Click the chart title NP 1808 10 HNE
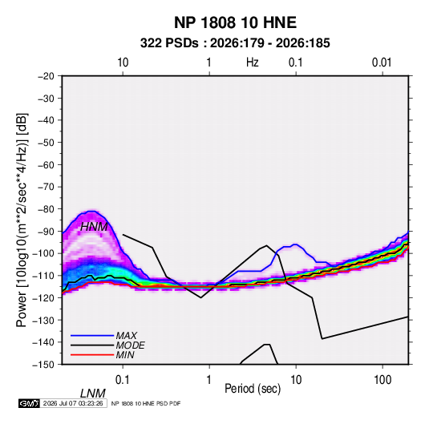pyautogui.click(x=235, y=22)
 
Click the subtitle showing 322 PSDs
pyautogui.click(x=235, y=43)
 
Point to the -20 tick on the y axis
pyautogui.click(x=46, y=76)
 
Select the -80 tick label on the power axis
pyautogui.click(x=46, y=209)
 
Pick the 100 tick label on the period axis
pyautogui.click(x=382, y=380)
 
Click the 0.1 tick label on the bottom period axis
pyautogui.click(x=122, y=380)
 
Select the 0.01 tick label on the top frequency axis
pyautogui.click(x=382, y=63)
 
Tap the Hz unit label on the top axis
pyautogui.click(x=253, y=63)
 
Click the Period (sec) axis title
pyautogui.click(x=253, y=389)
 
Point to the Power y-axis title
pyautogui.click(x=22, y=220)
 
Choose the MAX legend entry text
pyautogui.click(x=127, y=335)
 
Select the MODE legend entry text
pyautogui.click(x=130, y=345)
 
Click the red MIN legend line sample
pyautogui.click(x=92, y=355)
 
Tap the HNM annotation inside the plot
pyautogui.click(x=94, y=227)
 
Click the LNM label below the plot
pyautogui.click(x=93, y=394)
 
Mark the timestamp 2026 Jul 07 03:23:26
pyautogui.click(x=73, y=403)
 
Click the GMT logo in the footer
pyautogui.click(x=30, y=403)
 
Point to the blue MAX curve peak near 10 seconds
pyautogui.click(x=295, y=244)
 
